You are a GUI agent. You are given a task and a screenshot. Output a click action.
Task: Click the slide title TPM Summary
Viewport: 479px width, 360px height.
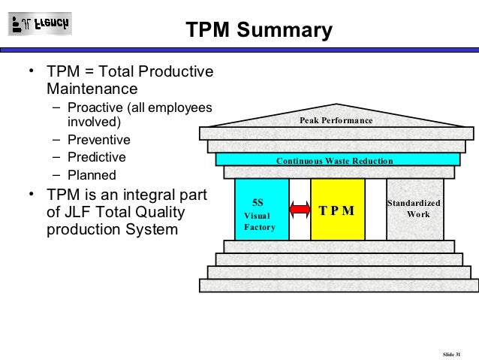[258, 31]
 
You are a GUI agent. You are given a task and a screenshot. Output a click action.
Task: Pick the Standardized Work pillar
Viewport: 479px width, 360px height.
[414, 210]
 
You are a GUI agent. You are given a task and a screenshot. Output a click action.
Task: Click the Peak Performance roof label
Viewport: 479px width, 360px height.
[336, 120]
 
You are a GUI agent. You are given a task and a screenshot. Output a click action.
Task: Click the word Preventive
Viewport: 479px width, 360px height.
[99, 140]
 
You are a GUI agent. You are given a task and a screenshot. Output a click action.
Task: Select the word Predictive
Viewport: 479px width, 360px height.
[97, 158]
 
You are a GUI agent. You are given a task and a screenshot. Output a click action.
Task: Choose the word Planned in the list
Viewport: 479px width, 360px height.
[92, 176]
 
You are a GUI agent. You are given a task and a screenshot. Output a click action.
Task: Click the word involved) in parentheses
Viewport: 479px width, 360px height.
[93, 122]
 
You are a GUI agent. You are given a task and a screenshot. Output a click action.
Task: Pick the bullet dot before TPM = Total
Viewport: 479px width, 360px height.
[31, 71]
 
